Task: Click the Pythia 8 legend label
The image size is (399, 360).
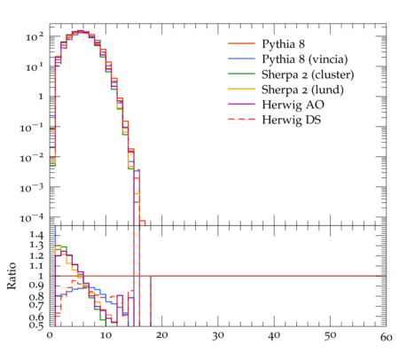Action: (283, 44)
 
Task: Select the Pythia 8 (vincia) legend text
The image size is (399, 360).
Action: (305, 59)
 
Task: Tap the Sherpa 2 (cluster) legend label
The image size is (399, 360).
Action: (308, 74)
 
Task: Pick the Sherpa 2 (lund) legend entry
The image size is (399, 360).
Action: (302, 90)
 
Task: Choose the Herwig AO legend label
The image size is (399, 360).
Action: (293, 105)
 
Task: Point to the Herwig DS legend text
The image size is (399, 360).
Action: (292, 120)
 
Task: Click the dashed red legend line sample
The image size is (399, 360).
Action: (241, 119)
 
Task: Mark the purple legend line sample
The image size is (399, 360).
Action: (241, 104)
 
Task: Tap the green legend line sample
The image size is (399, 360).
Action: (241, 74)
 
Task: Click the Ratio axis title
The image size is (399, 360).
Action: (12, 276)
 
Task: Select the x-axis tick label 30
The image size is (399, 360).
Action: (218, 336)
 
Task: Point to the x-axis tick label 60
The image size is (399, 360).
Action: (386, 337)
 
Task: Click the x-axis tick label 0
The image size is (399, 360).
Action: (50, 335)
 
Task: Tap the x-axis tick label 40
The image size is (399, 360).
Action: (274, 336)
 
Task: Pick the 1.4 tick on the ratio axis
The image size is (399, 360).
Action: (36, 235)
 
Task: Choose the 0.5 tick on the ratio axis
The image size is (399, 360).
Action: (36, 325)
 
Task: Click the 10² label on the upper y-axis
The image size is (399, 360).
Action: (35, 36)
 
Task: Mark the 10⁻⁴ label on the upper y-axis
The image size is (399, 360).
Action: (32, 218)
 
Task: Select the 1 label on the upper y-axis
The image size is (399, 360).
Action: (41, 97)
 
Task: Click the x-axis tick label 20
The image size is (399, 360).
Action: (161, 336)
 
